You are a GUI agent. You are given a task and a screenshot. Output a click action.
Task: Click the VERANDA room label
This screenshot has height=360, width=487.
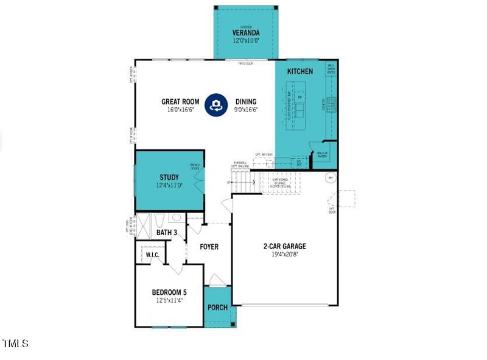click(245, 32)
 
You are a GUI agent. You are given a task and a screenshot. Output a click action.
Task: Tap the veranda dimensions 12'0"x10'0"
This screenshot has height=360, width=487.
click(245, 40)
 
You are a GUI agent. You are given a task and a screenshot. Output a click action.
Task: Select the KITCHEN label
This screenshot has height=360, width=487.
click(300, 71)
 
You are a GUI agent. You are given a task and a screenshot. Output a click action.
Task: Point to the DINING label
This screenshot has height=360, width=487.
click(245, 102)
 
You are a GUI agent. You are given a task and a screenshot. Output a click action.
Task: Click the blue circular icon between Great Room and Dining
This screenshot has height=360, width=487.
click(214, 105)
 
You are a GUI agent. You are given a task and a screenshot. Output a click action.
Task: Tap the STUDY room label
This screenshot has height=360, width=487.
click(169, 177)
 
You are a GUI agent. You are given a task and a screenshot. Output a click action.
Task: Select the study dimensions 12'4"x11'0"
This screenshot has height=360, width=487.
click(169, 185)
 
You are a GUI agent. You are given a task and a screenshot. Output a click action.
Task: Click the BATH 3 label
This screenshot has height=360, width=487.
click(167, 232)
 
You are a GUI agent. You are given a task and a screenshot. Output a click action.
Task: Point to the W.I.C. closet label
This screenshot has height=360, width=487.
click(152, 254)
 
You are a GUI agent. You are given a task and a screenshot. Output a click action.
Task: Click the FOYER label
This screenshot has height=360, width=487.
click(209, 247)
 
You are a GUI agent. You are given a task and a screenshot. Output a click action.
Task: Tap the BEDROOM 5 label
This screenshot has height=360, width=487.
click(169, 292)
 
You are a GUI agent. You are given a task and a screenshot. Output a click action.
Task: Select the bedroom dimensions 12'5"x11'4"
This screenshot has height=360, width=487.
click(169, 300)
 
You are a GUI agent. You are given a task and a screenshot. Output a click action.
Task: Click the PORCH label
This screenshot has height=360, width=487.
click(217, 308)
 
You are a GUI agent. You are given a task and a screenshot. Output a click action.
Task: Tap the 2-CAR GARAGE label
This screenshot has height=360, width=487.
click(284, 247)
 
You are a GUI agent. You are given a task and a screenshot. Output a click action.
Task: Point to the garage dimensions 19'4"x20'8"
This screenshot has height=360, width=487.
click(284, 255)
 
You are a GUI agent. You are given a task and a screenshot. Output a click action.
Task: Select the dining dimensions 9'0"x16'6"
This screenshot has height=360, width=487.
click(246, 110)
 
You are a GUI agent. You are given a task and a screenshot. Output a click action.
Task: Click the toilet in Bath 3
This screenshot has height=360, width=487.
click(158, 220)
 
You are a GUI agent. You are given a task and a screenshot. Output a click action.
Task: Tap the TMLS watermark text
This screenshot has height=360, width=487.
click(15, 344)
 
